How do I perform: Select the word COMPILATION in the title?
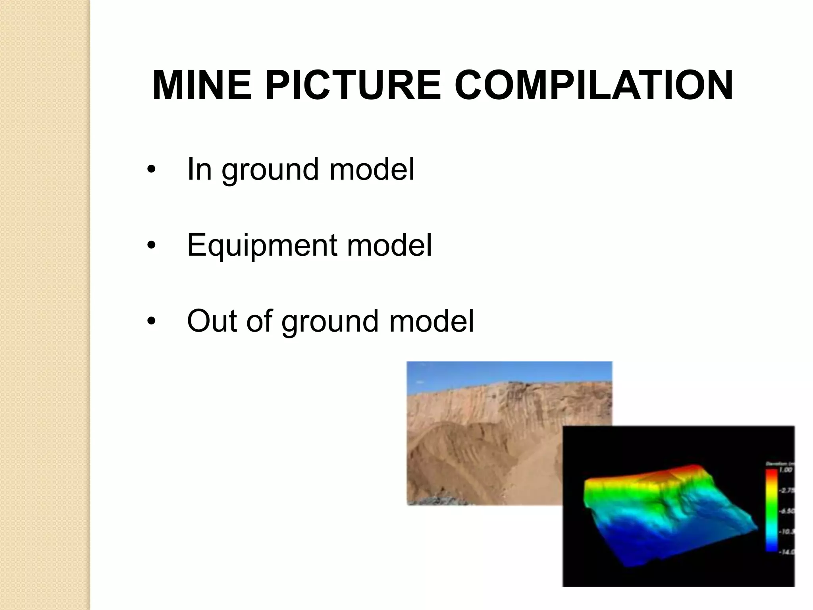(593, 85)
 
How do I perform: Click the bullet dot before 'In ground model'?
(150, 170)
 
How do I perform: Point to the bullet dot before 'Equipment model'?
(150, 246)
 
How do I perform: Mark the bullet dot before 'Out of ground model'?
(150, 322)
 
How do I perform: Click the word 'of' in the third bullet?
(258, 321)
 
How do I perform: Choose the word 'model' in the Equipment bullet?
(389, 245)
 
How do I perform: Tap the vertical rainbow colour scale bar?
(771, 510)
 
